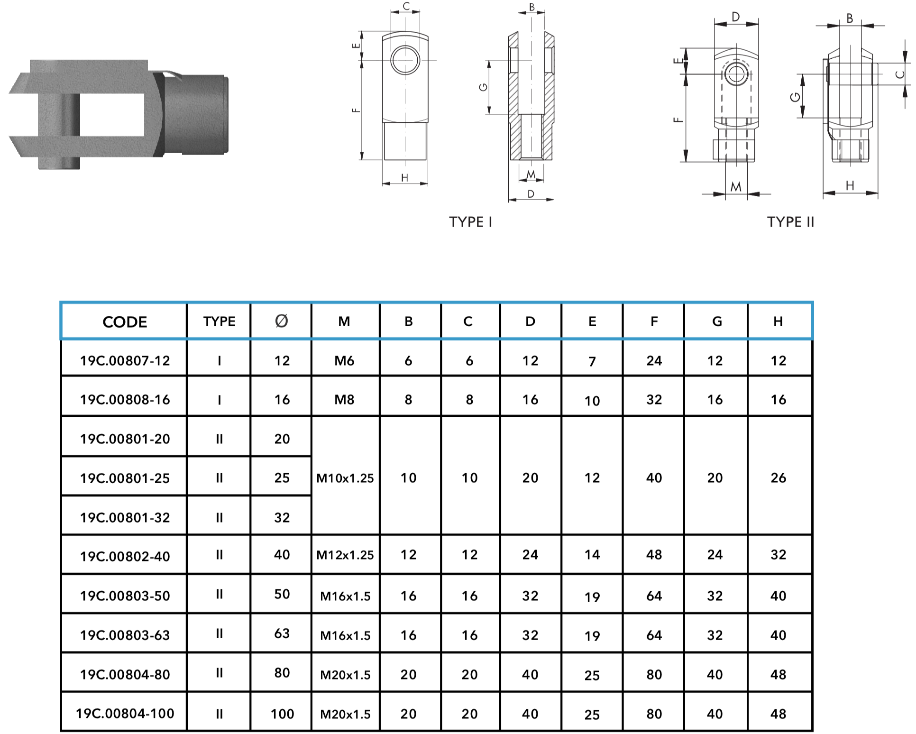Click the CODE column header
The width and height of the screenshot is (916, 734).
125,322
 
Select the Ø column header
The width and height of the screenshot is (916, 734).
281,321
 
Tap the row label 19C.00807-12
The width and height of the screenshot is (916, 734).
125,361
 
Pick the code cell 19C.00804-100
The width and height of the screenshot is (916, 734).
125,714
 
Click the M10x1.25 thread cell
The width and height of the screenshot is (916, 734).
345,478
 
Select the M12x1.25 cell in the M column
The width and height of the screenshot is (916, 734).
345,555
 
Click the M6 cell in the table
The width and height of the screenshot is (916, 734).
344,361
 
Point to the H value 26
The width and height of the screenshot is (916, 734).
778,478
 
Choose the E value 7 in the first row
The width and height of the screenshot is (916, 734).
592,362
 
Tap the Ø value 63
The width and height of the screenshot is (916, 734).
282,633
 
